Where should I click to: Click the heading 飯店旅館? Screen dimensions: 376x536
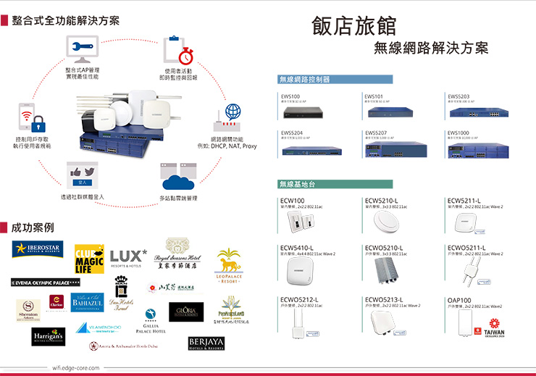coord(354,25)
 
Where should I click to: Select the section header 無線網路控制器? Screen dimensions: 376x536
coord(304,79)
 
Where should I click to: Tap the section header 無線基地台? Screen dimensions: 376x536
coord(298,184)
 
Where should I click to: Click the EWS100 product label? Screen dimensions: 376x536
coord(290,96)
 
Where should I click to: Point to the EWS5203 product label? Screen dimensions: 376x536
coord(458,96)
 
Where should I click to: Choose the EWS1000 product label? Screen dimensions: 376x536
coord(458,133)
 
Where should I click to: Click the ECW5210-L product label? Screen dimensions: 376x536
coord(382,200)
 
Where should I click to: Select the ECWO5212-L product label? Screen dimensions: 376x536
coord(298,299)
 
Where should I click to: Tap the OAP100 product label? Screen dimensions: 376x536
coord(459,299)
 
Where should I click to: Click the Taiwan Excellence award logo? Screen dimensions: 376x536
coord(490,330)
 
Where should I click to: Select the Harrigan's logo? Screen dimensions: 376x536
coord(48,336)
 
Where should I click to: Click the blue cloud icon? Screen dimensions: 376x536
coord(178,176)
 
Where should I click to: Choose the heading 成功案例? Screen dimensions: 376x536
coord(32,227)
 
